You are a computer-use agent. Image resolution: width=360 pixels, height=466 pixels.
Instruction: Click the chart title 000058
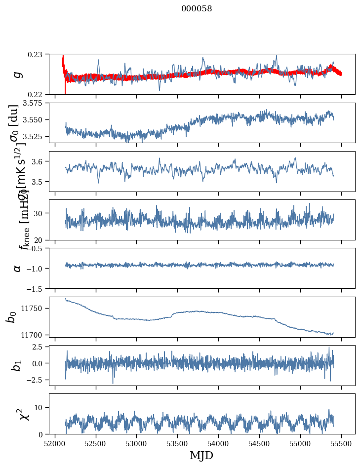(197, 8)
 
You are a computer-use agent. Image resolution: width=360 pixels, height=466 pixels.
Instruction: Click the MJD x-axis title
(201, 455)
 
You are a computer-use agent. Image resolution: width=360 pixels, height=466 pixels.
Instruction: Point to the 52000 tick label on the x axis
(55, 443)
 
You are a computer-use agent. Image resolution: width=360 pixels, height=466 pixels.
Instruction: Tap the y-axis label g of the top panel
(17, 74)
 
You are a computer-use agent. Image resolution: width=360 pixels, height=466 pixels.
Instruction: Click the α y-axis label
(17, 268)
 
